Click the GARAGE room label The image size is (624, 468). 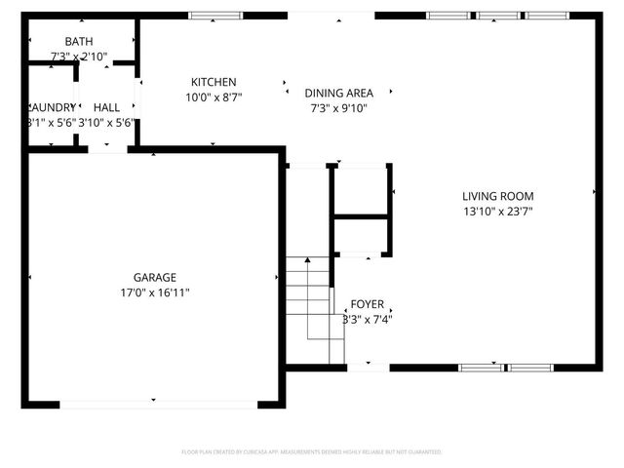point(155,277)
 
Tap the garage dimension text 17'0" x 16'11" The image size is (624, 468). point(155,292)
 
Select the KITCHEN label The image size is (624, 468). point(213,82)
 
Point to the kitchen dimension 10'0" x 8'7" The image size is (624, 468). point(213,97)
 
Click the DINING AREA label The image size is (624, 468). point(338,94)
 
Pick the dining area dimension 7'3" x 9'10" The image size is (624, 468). point(338,108)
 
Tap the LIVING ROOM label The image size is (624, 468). point(497,196)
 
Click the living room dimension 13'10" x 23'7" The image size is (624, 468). point(497,211)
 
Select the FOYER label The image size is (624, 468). point(368,304)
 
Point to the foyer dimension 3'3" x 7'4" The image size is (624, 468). point(368,319)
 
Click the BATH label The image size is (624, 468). point(79,42)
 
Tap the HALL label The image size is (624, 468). point(106,106)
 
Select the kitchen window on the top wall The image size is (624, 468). point(212,16)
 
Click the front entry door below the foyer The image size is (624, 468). point(368,368)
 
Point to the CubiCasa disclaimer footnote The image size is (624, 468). point(311,452)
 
